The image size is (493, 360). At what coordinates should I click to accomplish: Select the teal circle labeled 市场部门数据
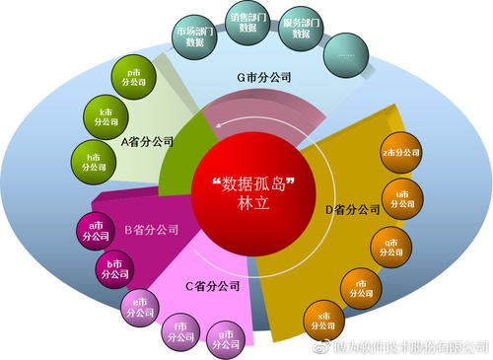click(x=195, y=37)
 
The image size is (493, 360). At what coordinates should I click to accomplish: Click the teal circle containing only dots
click(x=347, y=56)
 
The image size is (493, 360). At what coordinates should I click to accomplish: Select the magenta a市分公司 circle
click(x=95, y=233)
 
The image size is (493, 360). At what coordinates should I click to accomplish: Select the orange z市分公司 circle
click(x=400, y=154)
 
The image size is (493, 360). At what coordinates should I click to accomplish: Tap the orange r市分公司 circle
click(x=360, y=287)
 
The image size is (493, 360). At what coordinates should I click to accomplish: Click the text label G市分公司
click(x=258, y=76)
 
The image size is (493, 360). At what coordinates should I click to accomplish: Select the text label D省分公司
click(x=353, y=209)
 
